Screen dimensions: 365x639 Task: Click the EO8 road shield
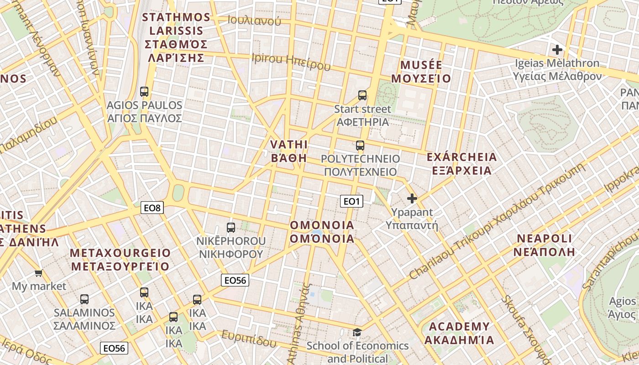tap(152, 208)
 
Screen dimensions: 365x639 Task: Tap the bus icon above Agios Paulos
tap(144, 92)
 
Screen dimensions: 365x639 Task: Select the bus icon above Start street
tap(362, 95)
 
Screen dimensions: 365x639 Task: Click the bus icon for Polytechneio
tap(360, 146)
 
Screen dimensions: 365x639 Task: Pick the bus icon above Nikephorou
tap(231, 227)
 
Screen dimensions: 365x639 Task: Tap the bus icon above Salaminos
tap(84, 299)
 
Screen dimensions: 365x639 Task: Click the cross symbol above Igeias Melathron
tap(557, 50)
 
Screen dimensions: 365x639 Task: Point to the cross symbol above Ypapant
tap(412, 198)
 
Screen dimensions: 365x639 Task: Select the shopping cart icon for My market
tap(39, 273)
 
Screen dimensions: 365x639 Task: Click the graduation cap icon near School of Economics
tap(357, 332)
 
